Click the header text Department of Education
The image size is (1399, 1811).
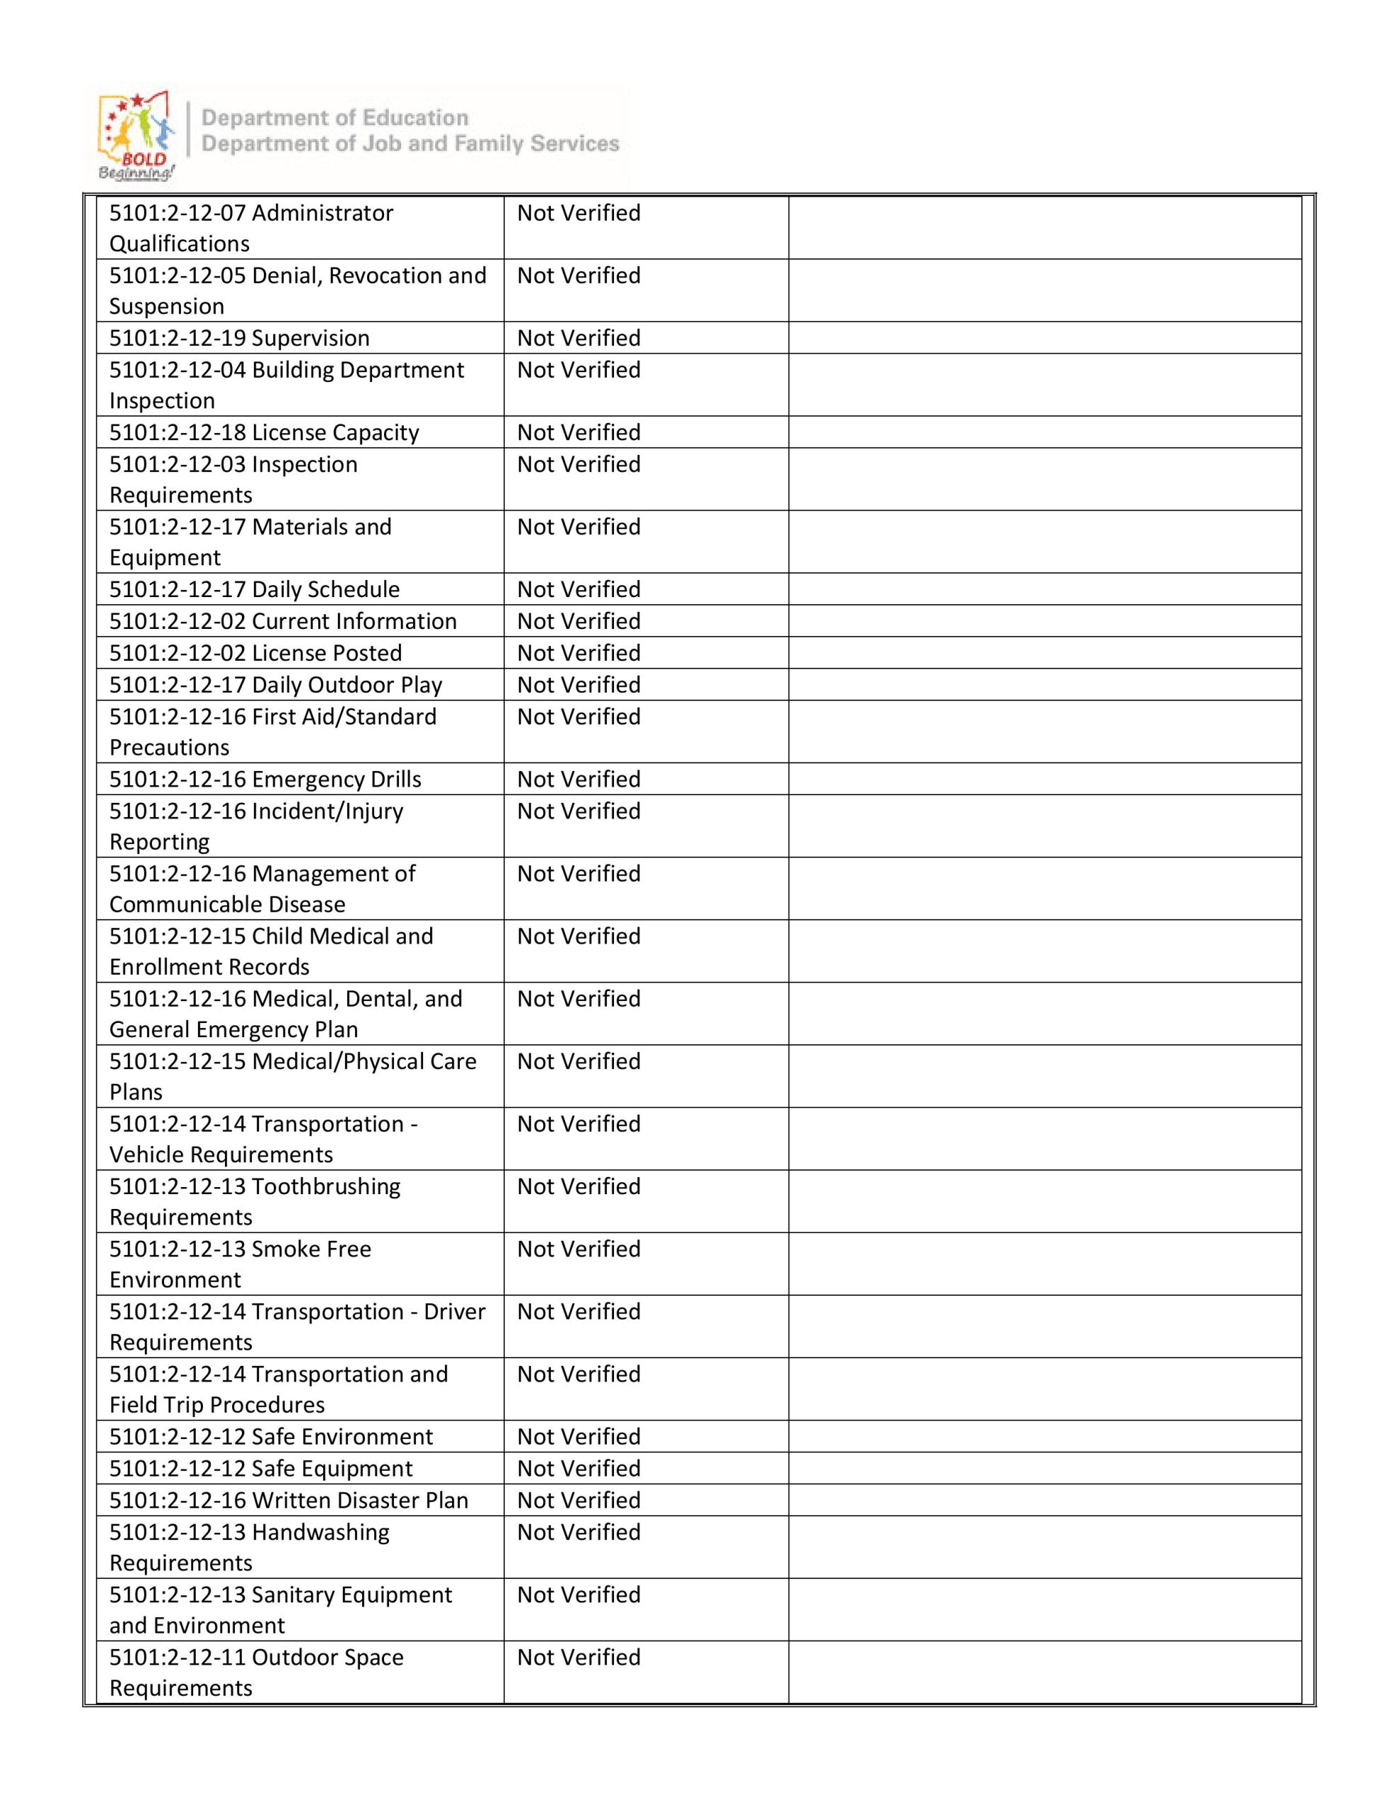tap(335, 117)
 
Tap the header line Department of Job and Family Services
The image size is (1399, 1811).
tap(410, 144)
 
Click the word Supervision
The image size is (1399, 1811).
tap(310, 338)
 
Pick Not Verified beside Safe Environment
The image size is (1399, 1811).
tap(579, 1437)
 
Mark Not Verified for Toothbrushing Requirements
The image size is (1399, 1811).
tap(579, 1186)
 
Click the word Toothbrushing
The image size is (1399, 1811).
tap(326, 1186)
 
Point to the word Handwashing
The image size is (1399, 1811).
tap(320, 1532)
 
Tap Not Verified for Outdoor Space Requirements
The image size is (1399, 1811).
tap(579, 1657)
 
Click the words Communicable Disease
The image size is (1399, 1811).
tap(227, 905)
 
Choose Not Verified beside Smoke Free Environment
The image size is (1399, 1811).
tap(579, 1249)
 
